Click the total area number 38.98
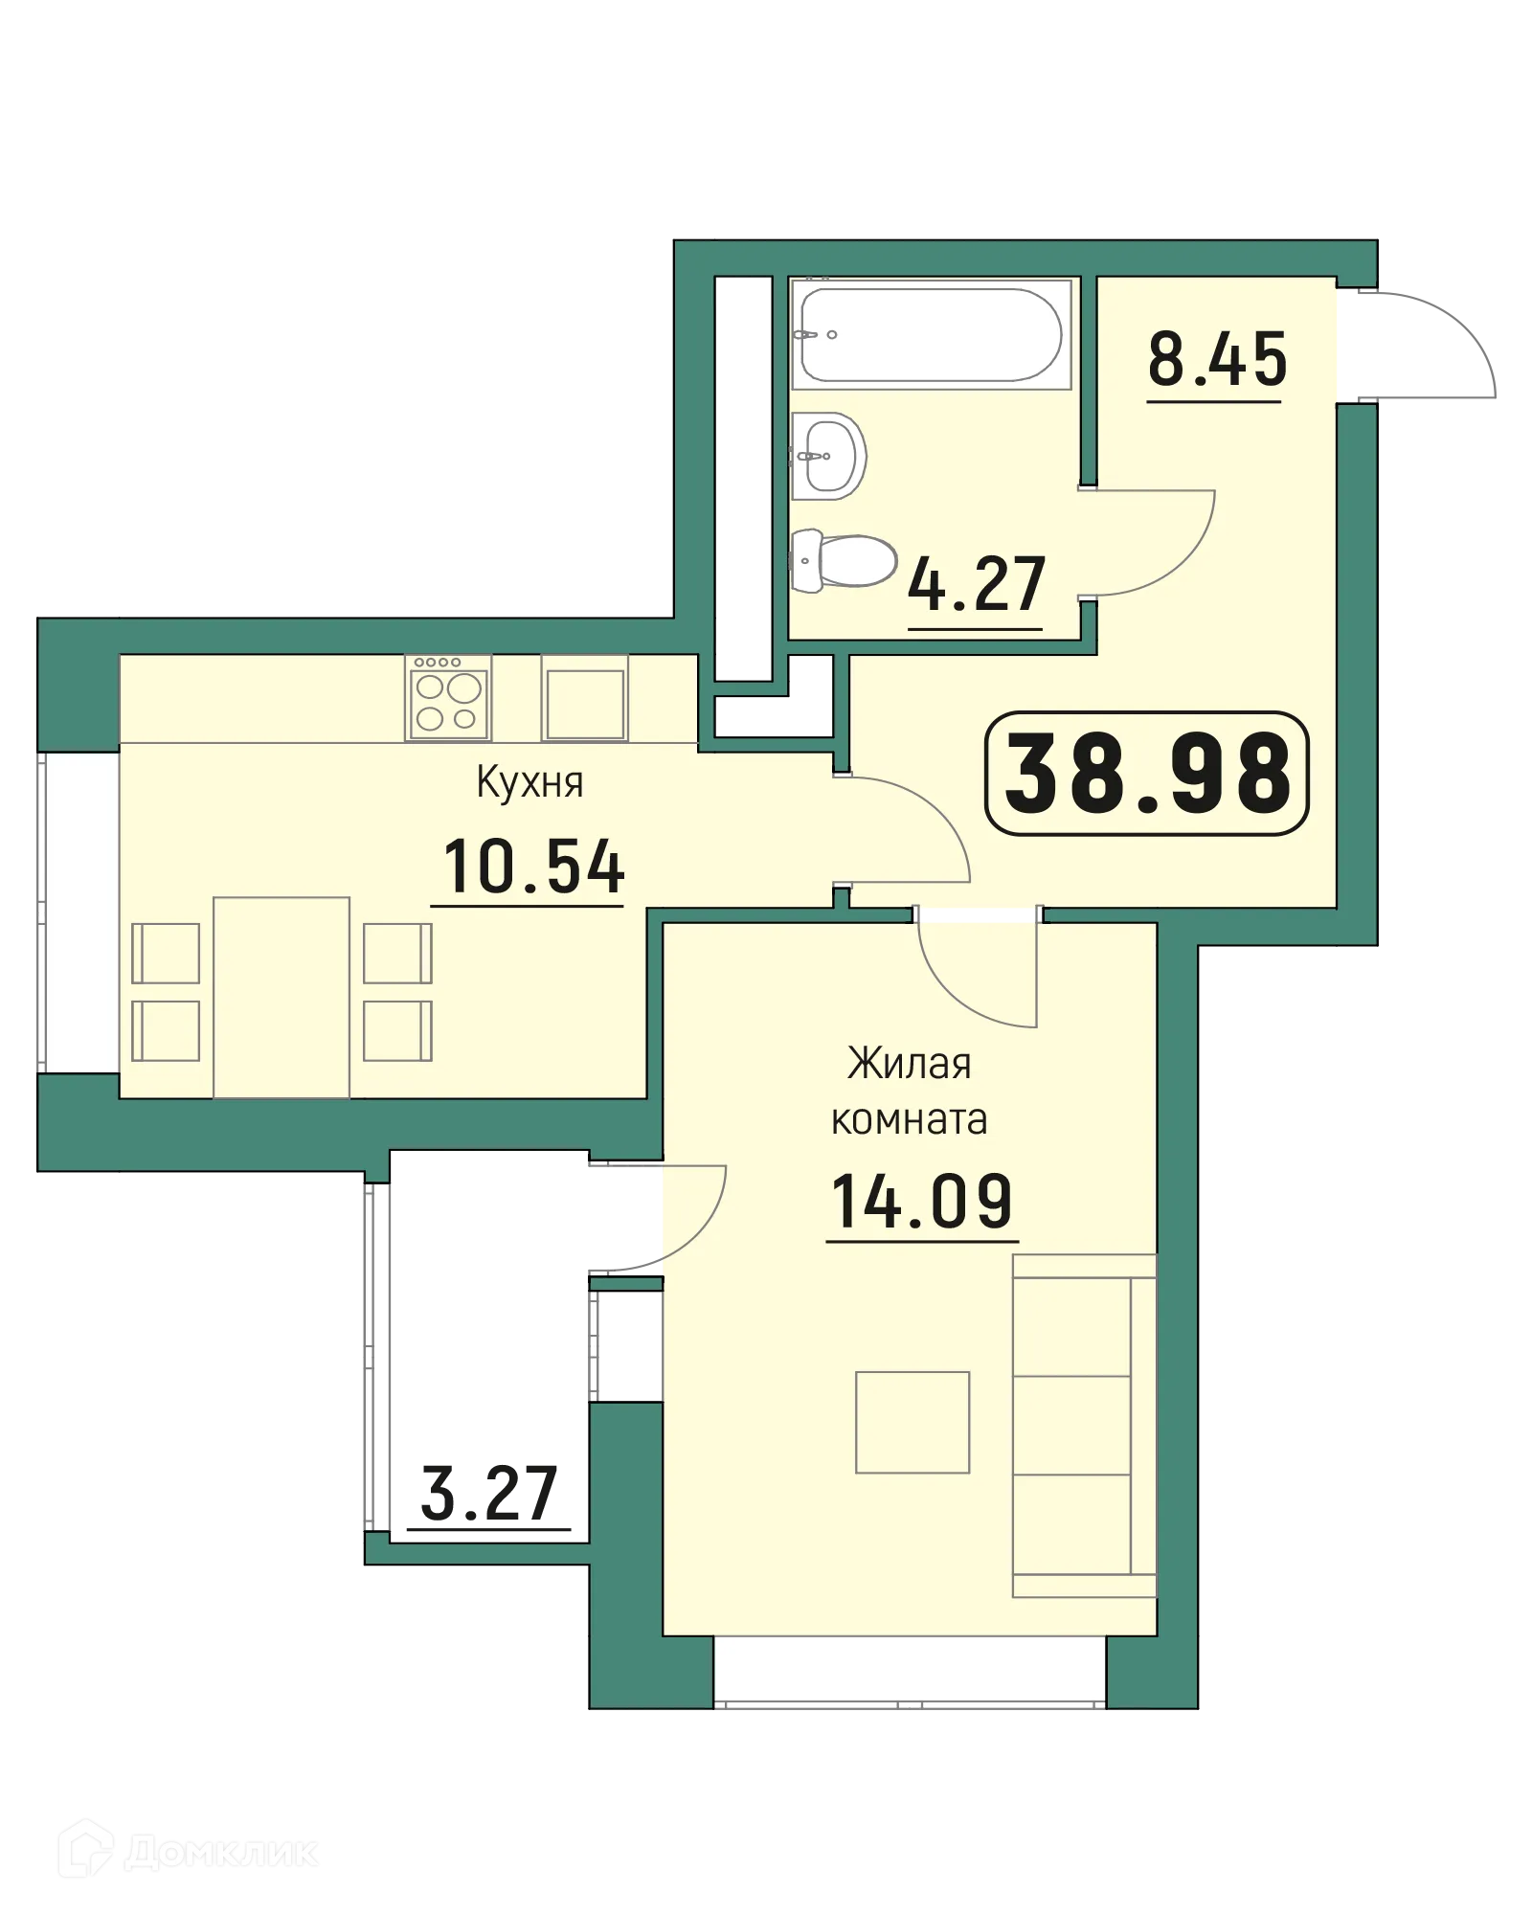point(1147,774)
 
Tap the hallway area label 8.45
point(1217,360)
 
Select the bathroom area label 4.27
point(976,585)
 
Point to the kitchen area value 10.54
point(533,867)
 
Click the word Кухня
point(529,783)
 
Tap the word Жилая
point(909,1064)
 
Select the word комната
point(909,1119)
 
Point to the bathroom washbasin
point(827,456)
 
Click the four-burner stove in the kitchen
point(448,698)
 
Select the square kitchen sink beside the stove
point(584,699)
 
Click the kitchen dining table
point(281,997)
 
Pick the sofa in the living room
point(1083,1425)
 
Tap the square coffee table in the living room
point(912,1422)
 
